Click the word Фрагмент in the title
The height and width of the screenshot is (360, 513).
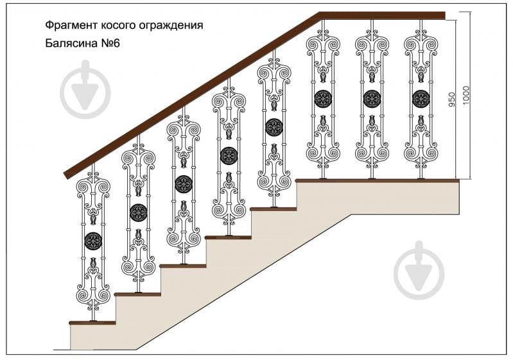[67, 26]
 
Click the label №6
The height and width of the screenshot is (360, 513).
[110, 44]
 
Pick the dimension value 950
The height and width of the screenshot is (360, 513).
[451, 98]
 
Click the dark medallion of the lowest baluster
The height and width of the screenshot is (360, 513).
[94, 241]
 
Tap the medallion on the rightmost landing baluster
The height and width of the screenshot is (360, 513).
[421, 99]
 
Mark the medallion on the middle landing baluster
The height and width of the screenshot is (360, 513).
[372, 99]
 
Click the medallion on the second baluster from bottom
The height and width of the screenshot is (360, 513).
[139, 212]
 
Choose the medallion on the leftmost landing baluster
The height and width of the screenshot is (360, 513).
[323, 99]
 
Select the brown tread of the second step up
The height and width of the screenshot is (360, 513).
[137, 294]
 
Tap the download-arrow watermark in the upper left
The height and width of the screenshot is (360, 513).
[85, 89]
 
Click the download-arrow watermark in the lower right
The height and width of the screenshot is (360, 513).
[419, 271]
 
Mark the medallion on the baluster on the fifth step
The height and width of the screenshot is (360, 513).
[274, 127]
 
